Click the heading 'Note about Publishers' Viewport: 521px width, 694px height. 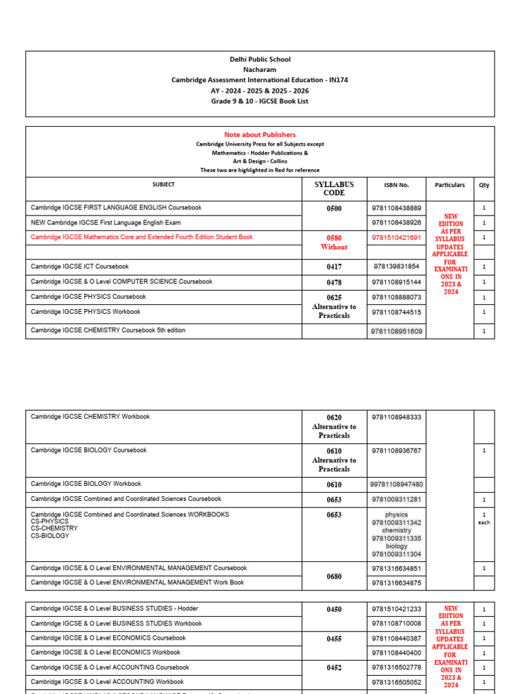point(260,135)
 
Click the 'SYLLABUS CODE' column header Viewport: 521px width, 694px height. point(334,188)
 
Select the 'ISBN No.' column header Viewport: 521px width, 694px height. point(397,184)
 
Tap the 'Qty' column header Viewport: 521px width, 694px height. point(484,184)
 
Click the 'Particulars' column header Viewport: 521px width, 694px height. point(450,184)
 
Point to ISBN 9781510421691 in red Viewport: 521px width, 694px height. point(397,238)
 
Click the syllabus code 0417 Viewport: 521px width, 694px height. point(334,267)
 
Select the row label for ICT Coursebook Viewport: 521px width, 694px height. point(79,267)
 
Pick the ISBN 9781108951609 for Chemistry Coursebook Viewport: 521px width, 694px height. point(397,331)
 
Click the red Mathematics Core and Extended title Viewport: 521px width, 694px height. point(142,237)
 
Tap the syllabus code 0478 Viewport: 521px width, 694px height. point(334,282)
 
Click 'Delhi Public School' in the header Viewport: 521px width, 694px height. point(260,60)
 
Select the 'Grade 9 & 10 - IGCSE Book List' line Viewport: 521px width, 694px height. point(260,101)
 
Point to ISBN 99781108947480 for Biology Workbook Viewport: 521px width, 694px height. point(397,485)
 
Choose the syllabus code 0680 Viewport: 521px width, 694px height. point(334,577)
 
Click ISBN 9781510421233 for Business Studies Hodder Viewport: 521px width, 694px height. point(397,609)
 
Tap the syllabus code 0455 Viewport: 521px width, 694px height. point(334,638)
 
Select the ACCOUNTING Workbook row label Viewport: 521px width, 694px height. point(107,682)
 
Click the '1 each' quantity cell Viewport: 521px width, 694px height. point(484,518)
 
